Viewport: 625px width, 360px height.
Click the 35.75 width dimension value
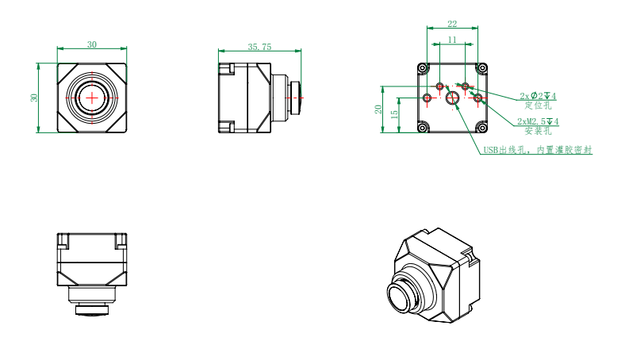259,47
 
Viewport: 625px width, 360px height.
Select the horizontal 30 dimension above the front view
92,44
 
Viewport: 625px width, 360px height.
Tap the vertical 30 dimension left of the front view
34,98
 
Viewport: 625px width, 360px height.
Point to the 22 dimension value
452,24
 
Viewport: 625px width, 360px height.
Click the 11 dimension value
452,40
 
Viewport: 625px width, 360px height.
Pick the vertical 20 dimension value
378,109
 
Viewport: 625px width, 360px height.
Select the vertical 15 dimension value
395,114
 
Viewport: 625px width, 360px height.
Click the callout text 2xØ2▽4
538,96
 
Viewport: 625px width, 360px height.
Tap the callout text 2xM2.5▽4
538,121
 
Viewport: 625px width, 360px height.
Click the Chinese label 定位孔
538,105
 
